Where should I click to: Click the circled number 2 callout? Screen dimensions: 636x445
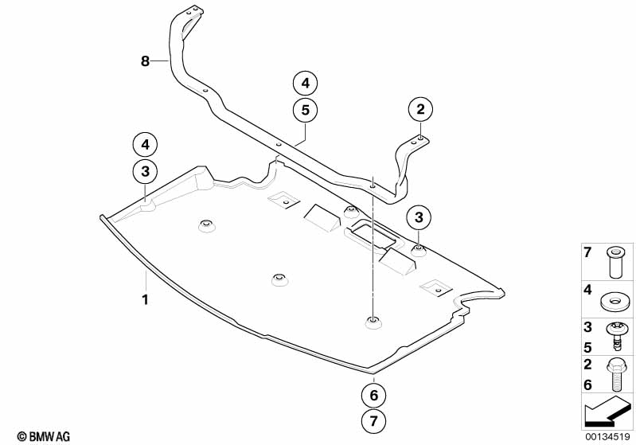(420, 109)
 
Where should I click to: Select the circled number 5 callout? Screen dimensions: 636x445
(305, 110)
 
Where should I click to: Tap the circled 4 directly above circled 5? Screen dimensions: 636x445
(305, 83)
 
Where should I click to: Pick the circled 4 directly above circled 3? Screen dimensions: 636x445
(145, 145)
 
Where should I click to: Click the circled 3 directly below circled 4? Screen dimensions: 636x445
(145, 172)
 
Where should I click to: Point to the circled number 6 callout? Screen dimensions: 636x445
(373, 395)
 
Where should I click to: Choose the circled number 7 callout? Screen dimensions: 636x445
(373, 420)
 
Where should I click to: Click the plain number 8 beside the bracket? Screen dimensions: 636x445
(145, 61)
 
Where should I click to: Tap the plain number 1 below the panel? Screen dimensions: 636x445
(145, 300)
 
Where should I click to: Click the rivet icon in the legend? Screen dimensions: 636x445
(615, 263)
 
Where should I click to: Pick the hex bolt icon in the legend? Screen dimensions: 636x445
(616, 375)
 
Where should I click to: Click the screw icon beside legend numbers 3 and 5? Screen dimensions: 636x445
(616, 338)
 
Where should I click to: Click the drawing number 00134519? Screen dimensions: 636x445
(607, 437)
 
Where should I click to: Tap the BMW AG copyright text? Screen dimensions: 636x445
(44, 436)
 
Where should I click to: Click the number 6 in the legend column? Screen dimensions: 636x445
(587, 384)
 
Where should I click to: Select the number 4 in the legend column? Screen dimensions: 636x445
(587, 290)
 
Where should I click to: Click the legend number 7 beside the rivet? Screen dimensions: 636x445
(587, 252)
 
